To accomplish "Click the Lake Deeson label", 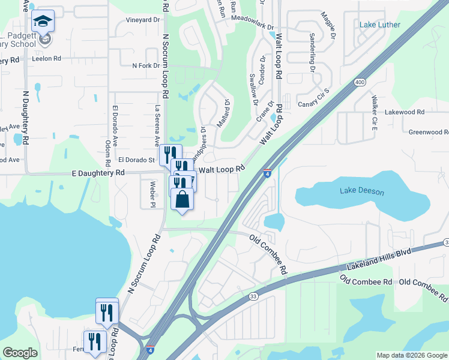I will (x=361, y=191).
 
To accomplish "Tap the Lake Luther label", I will (x=379, y=25).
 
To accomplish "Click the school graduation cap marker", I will (x=43, y=22).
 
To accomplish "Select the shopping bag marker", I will (x=182, y=199).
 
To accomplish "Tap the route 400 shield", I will (x=360, y=82).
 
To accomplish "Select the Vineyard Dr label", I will (x=143, y=20).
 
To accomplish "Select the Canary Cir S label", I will (x=315, y=100).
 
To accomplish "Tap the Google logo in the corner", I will (x=20, y=353).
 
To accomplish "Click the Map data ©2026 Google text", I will (x=411, y=355).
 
